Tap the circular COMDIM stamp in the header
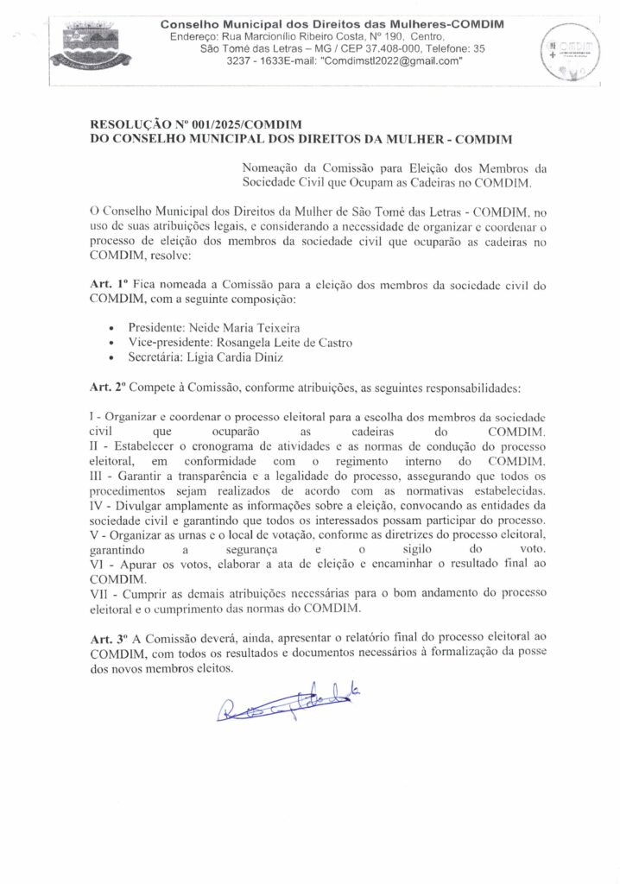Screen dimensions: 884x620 pos(567,52)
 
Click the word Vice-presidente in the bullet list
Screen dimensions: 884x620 pos(169,343)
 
